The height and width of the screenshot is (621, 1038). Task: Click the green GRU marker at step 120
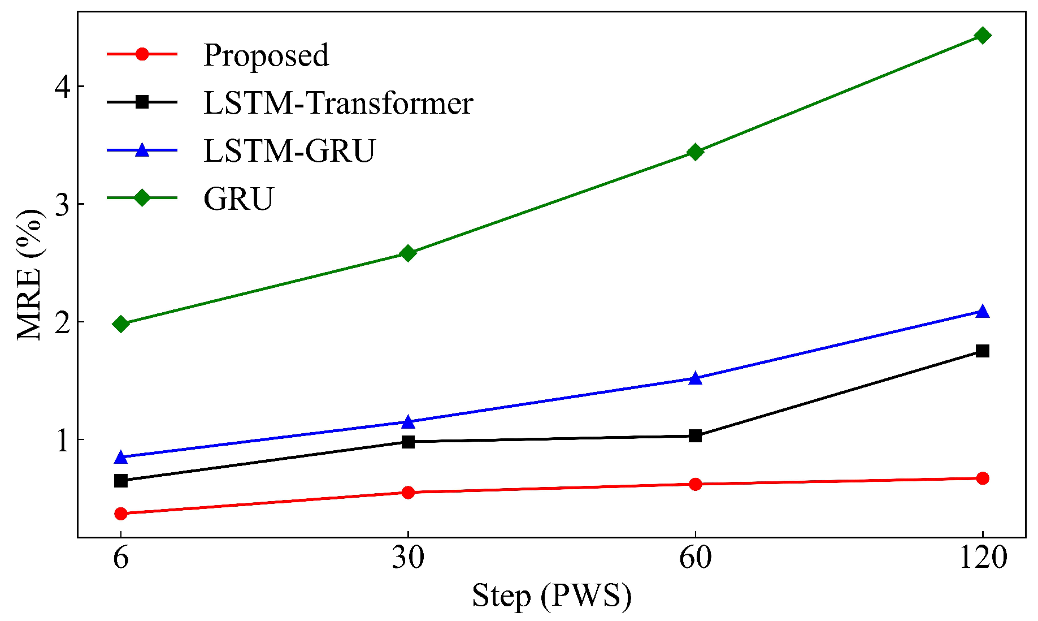point(983,36)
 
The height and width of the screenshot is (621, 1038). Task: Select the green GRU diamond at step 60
point(695,152)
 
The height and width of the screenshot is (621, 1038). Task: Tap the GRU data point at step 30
point(407,253)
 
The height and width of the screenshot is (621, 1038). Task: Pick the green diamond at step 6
point(120,324)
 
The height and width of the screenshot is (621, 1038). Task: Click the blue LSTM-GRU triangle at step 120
point(983,312)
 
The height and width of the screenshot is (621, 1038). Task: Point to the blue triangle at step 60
point(695,378)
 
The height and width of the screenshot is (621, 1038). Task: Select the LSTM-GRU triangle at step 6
point(120,457)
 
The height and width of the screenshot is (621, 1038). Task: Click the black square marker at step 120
point(983,351)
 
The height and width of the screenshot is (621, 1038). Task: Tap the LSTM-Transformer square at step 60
point(695,435)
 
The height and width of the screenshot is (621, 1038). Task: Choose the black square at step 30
point(407,442)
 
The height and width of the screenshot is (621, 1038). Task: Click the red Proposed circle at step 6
point(120,514)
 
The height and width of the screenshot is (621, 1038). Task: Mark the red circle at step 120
point(983,478)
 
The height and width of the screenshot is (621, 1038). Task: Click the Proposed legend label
point(266,55)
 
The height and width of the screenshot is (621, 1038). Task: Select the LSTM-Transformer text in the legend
point(338,103)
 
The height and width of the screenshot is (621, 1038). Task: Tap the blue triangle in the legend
point(142,150)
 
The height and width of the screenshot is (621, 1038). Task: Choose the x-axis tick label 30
point(407,558)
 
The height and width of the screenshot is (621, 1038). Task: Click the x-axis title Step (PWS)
point(551,596)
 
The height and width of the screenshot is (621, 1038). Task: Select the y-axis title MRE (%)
point(29,274)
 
